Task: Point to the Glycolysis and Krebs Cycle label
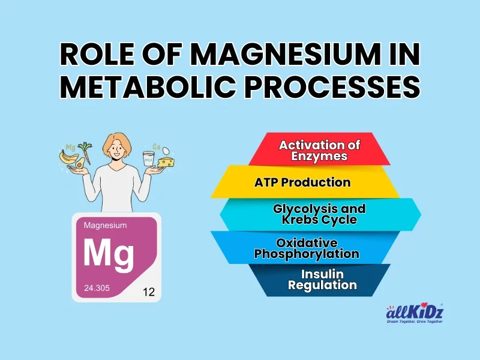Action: click(319, 214)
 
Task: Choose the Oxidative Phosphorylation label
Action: click(307, 248)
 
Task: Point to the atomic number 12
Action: click(149, 293)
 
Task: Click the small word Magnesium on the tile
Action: click(105, 226)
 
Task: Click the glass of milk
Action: click(148, 159)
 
